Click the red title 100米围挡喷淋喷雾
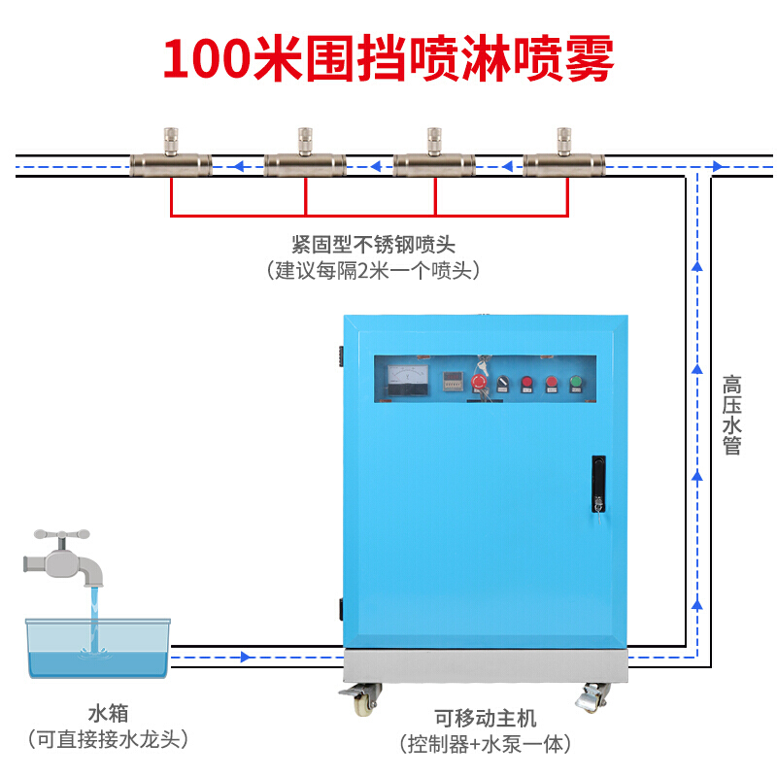pyautogui.click(x=388, y=58)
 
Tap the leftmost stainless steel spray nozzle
pyautogui.click(x=171, y=153)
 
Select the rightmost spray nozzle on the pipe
pyautogui.click(x=564, y=153)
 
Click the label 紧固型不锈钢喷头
pyautogui.click(x=373, y=245)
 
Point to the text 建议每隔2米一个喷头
pyautogui.click(x=373, y=271)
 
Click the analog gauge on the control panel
pyautogui.click(x=408, y=380)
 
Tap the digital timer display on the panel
pyautogui.click(x=453, y=381)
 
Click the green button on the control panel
pyautogui.click(x=575, y=383)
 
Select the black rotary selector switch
pyautogui.click(x=502, y=384)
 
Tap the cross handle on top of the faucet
pyautogui.click(x=62, y=534)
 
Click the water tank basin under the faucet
pyautogui.click(x=98, y=648)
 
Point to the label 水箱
pyautogui.click(x=109, y=714)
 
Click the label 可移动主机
pyautogui.click(x=486, y=718)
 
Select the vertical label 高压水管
pyautogui.click(x=731, y=416)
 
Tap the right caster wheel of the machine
pyautogui.click(x=592, y=696)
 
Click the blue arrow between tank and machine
pyautogui.click(x=246, y=658)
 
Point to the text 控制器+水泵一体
pyautogui.click(x=486, y=744)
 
